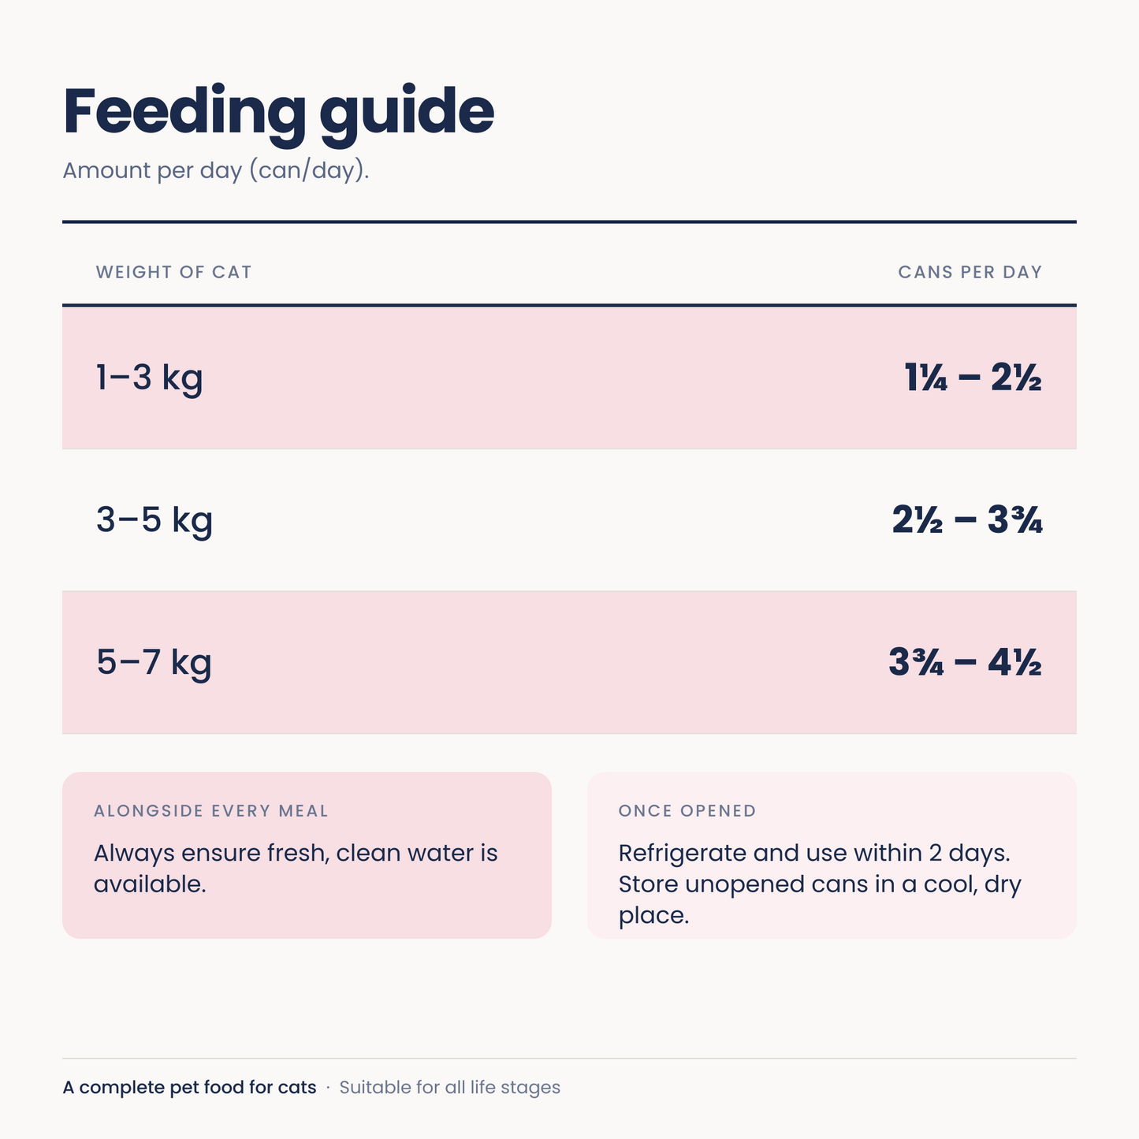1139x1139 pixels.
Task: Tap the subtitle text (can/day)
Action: pyautogui.click(x=309, y=170)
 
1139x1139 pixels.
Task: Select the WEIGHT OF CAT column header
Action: pyautogui.click(x=173, y=272)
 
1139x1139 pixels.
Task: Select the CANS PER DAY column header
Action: pyautogui.click(x=970, y=272)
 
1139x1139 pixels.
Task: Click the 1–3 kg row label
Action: pyautogui.click(x=150, y=378)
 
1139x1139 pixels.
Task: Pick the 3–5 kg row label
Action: pyautogui.click(x=154, y=520)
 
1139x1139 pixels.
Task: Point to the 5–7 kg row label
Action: pyautogui.click(x=154, y=663)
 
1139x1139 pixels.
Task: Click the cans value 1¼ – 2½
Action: pyautogui.click(x=973, y=377)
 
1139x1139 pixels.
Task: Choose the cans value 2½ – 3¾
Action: pyautogui.click(x=967, y=519)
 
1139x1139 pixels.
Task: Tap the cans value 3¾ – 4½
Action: pyautogui.click(x=966, y=662)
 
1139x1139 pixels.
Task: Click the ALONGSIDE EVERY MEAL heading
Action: pyautogui.click(x=211, y=810)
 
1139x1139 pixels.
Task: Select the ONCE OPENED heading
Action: pyautogui.click(x=687, y=810)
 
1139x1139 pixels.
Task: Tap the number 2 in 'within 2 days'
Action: pyautogui.click(x=935, y=853)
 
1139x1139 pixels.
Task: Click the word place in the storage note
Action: pyautogui.click(x=653, y=916)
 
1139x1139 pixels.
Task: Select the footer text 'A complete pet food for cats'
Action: pyautogui.click(x=190, y=1088)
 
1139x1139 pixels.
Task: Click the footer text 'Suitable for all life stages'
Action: pyautogui.click(x=450, y=1088)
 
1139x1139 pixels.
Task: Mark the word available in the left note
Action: pyautogui.click(x=150, y=884)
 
